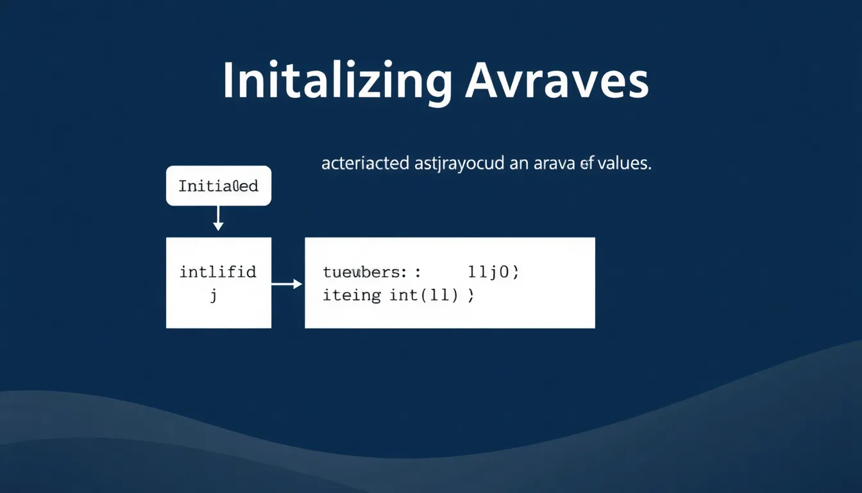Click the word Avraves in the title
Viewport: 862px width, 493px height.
click(557, 82)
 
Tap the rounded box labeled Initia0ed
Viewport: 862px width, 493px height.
click(218, 186)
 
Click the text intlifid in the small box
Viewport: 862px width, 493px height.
click(218, 272)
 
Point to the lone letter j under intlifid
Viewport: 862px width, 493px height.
click(214, 297)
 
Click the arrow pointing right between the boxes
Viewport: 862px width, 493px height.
click(287, 283)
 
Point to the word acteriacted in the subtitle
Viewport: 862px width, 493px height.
click(365, 164)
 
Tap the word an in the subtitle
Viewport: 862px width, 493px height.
click(518, 164)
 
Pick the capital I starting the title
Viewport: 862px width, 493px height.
click(228, 82)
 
